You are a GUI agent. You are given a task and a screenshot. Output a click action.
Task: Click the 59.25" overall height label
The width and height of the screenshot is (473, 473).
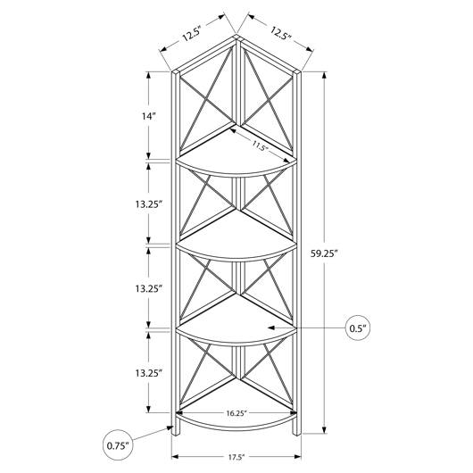(324, 253)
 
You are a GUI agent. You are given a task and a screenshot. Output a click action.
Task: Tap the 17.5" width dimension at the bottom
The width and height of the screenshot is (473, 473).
(236, 457)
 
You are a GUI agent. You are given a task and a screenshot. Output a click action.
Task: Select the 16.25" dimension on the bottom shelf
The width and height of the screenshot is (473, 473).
(236, 413)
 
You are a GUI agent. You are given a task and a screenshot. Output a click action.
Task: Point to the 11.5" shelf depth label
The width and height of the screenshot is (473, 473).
(261, 146)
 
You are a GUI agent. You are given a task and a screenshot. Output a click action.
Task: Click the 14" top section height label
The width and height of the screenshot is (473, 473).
(149, 116)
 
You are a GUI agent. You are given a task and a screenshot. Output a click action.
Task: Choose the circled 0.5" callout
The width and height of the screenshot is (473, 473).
(358, 328)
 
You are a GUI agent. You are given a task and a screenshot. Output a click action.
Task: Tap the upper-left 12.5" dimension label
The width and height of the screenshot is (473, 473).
(191, 34)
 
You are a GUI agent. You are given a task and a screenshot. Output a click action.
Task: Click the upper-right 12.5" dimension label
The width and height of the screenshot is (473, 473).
(280, 34)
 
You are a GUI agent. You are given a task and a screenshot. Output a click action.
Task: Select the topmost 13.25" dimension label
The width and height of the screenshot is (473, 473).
(149, 204)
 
